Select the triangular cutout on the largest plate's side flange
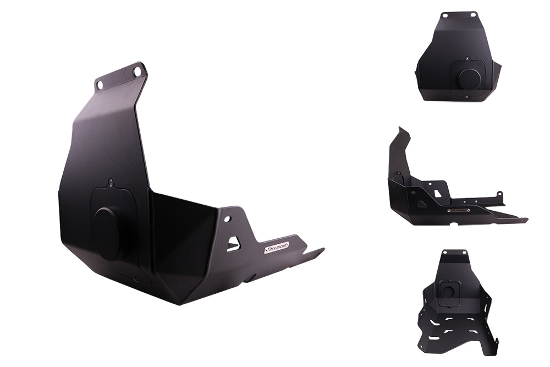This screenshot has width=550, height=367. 234,243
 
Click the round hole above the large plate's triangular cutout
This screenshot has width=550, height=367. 226,218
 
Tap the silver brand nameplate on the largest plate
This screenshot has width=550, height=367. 276,248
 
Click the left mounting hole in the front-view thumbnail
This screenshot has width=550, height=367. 444,16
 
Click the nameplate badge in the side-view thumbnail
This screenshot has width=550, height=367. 458,210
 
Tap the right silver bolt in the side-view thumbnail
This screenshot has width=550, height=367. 499,194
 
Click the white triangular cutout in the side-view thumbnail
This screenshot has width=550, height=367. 437,193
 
